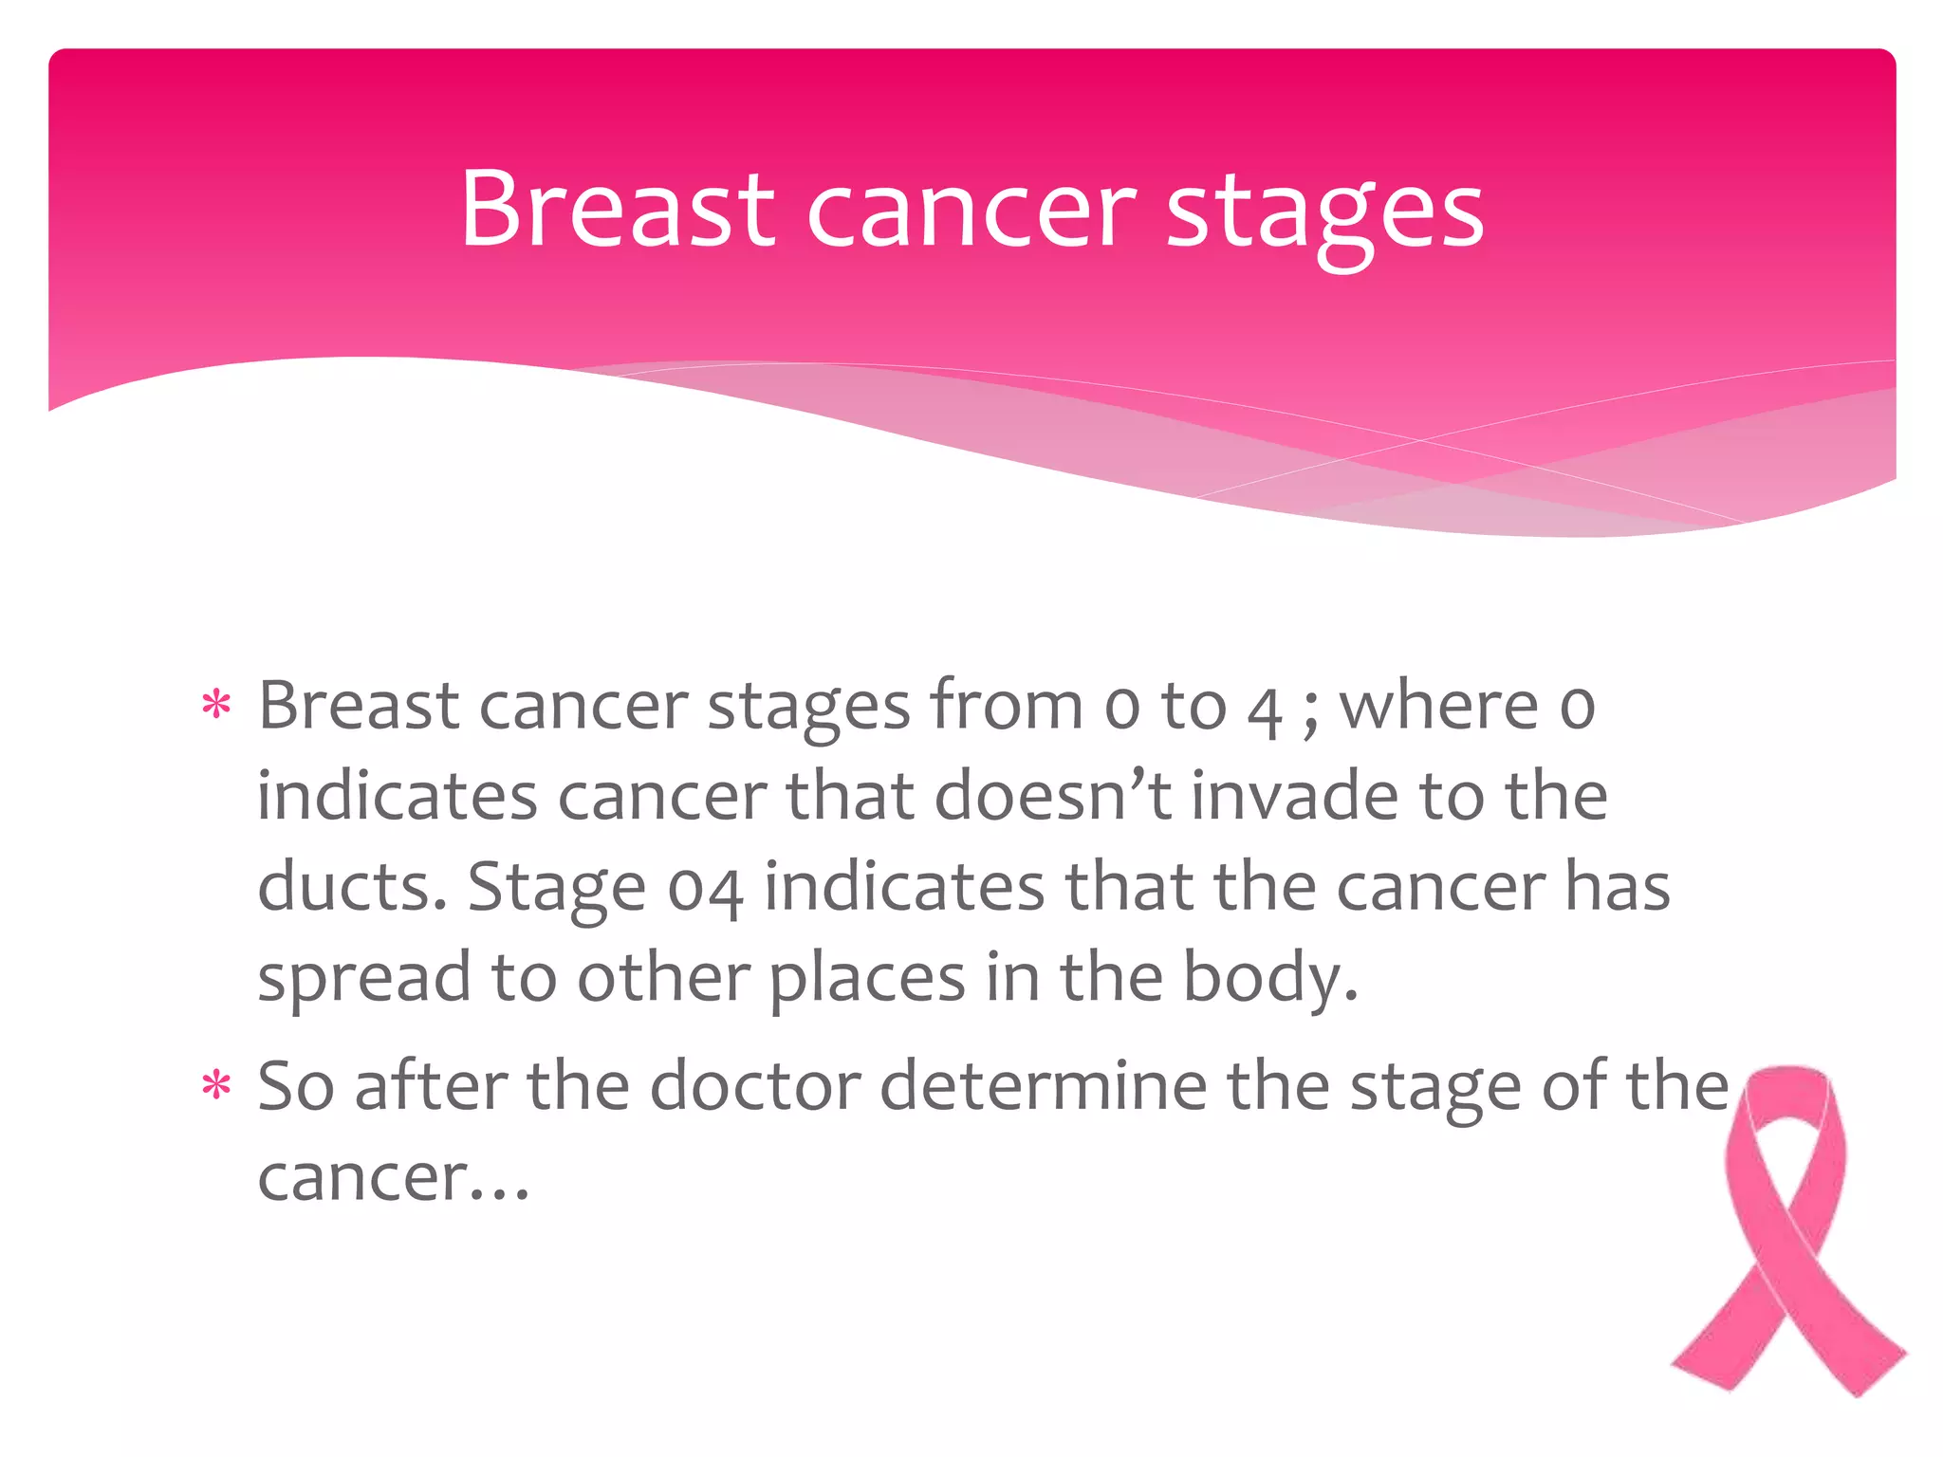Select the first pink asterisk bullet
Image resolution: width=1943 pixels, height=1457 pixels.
216,707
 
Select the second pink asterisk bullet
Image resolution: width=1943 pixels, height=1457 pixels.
216,1086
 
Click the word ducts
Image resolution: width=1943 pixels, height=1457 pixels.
352,886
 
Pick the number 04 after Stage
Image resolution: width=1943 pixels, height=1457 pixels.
705,888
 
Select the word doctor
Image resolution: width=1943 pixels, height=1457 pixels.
756,1085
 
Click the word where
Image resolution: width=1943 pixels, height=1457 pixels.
1438,706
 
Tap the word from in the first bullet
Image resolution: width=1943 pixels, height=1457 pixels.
1006,706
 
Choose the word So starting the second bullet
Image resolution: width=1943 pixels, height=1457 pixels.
296,1085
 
